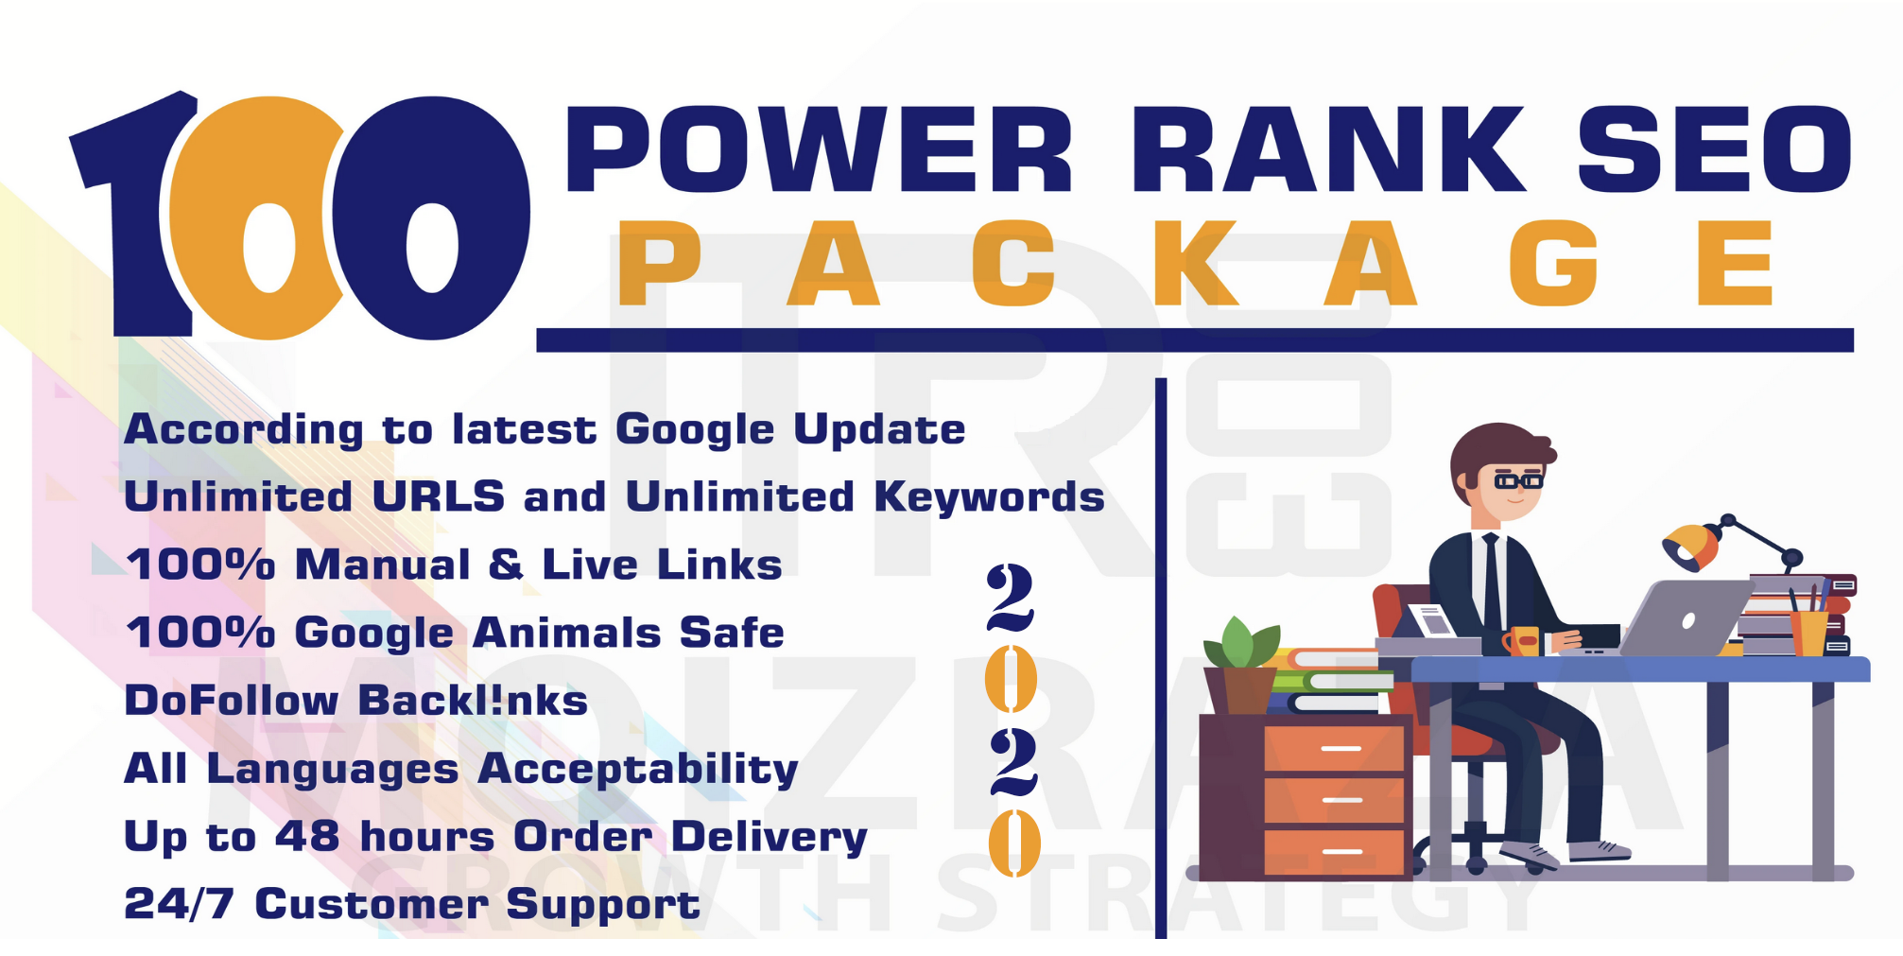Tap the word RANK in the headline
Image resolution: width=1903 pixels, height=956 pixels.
[x=1327, y=148]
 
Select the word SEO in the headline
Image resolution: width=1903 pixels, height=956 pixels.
[x=1713, y=148]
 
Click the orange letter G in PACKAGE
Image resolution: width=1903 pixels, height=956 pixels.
[x=1553, y=263]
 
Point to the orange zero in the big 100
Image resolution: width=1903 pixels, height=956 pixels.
[x=255, y=217]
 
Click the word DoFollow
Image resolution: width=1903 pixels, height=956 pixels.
[x=232, y=701]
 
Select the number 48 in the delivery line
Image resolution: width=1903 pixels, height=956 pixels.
[x=307, y=836]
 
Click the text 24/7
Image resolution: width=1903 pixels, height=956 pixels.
[x=179, y=904]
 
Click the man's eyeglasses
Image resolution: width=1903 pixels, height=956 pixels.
[x=1517, y=481]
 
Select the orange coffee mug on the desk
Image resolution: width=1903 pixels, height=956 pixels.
[x=1521, y=641]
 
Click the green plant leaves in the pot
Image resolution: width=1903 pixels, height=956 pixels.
[x=1240, y=643]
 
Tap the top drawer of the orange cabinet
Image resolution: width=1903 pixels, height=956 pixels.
[x=1333, y=747]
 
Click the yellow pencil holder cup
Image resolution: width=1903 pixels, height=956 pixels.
[x=1808, y=633]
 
